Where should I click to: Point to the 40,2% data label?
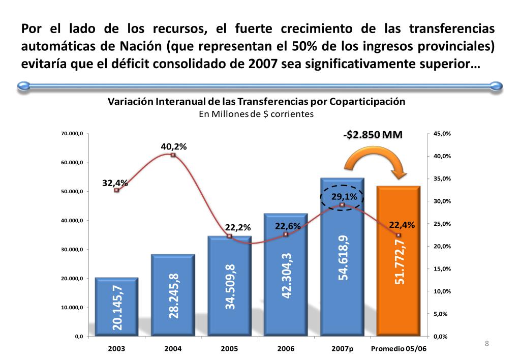tap(174, 146)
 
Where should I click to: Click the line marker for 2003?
tap(116, 190)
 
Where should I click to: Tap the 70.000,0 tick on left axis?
tap(72, 134)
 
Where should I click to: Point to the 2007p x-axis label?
tap(342, 349)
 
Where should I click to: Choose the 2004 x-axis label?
tap(173, 349)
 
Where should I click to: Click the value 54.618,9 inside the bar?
tap(343, 257)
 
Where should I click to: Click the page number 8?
tap(486, 344)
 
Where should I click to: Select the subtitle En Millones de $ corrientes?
tap(256, 114)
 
